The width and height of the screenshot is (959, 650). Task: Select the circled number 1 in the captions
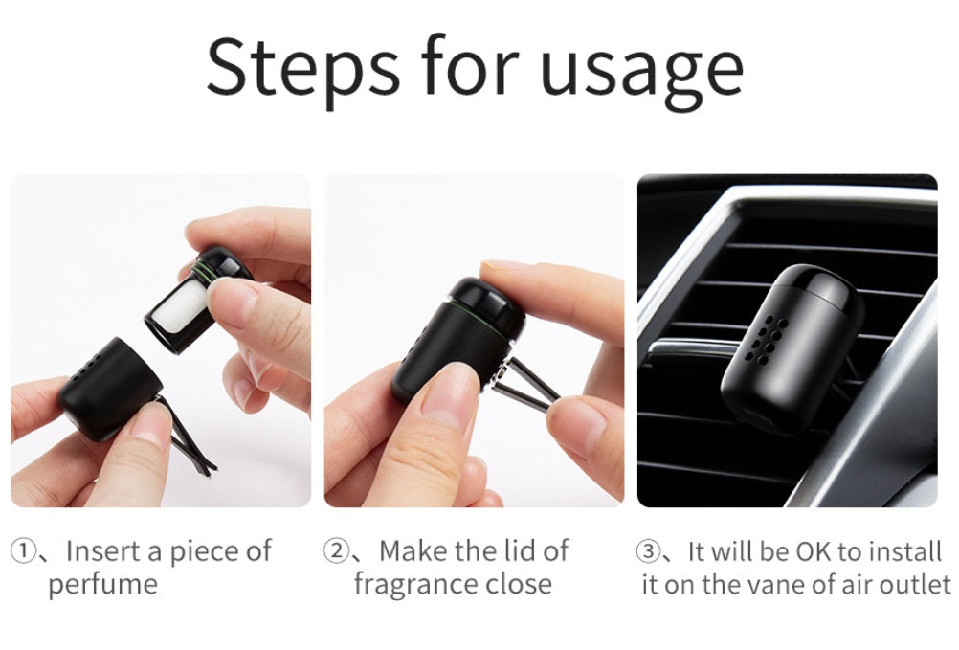click(x=22, y=551)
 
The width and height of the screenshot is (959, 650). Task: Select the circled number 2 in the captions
click(x=336, y=551)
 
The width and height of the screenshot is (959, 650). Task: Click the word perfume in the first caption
click(x=102, y=584)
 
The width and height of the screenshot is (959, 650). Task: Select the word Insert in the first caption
click(x=102, y=551)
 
